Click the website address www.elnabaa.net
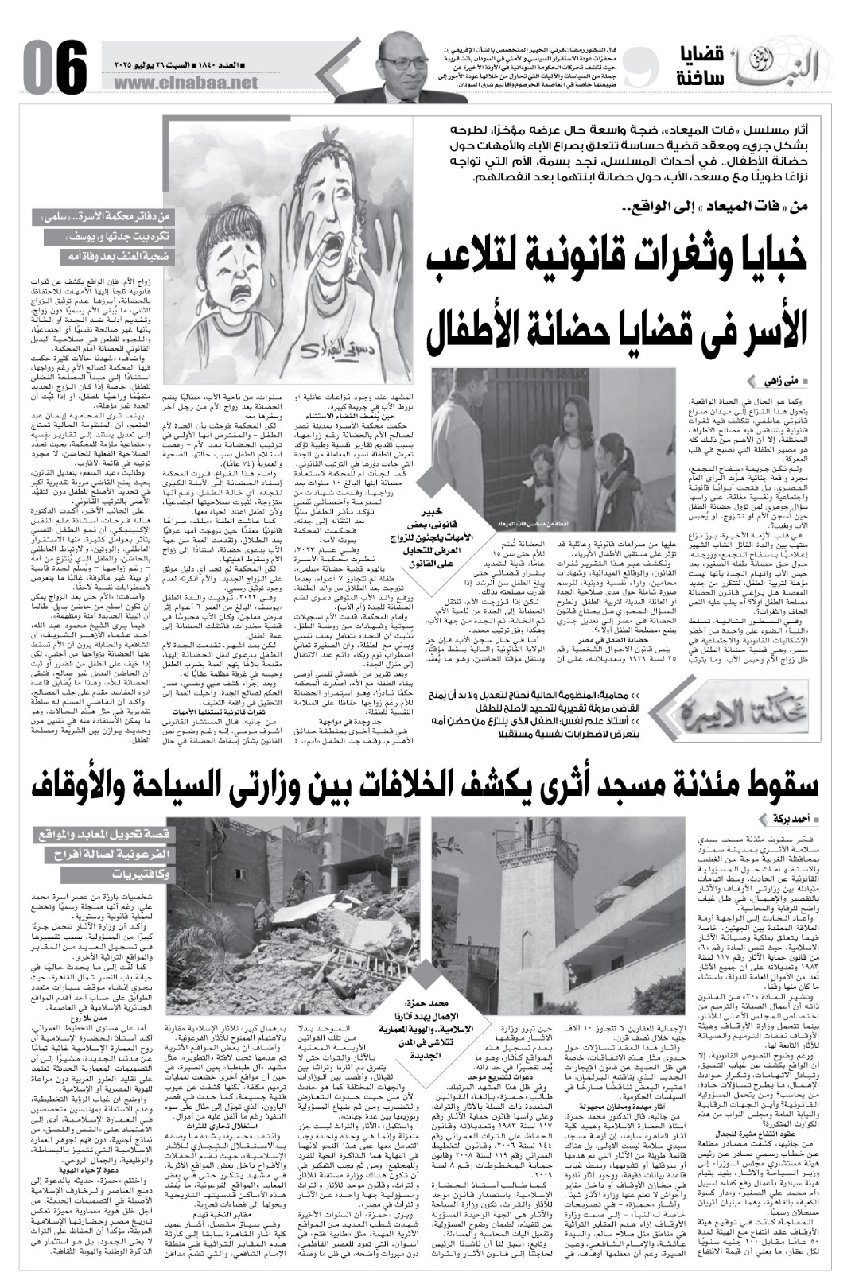[x=192, y=83]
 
